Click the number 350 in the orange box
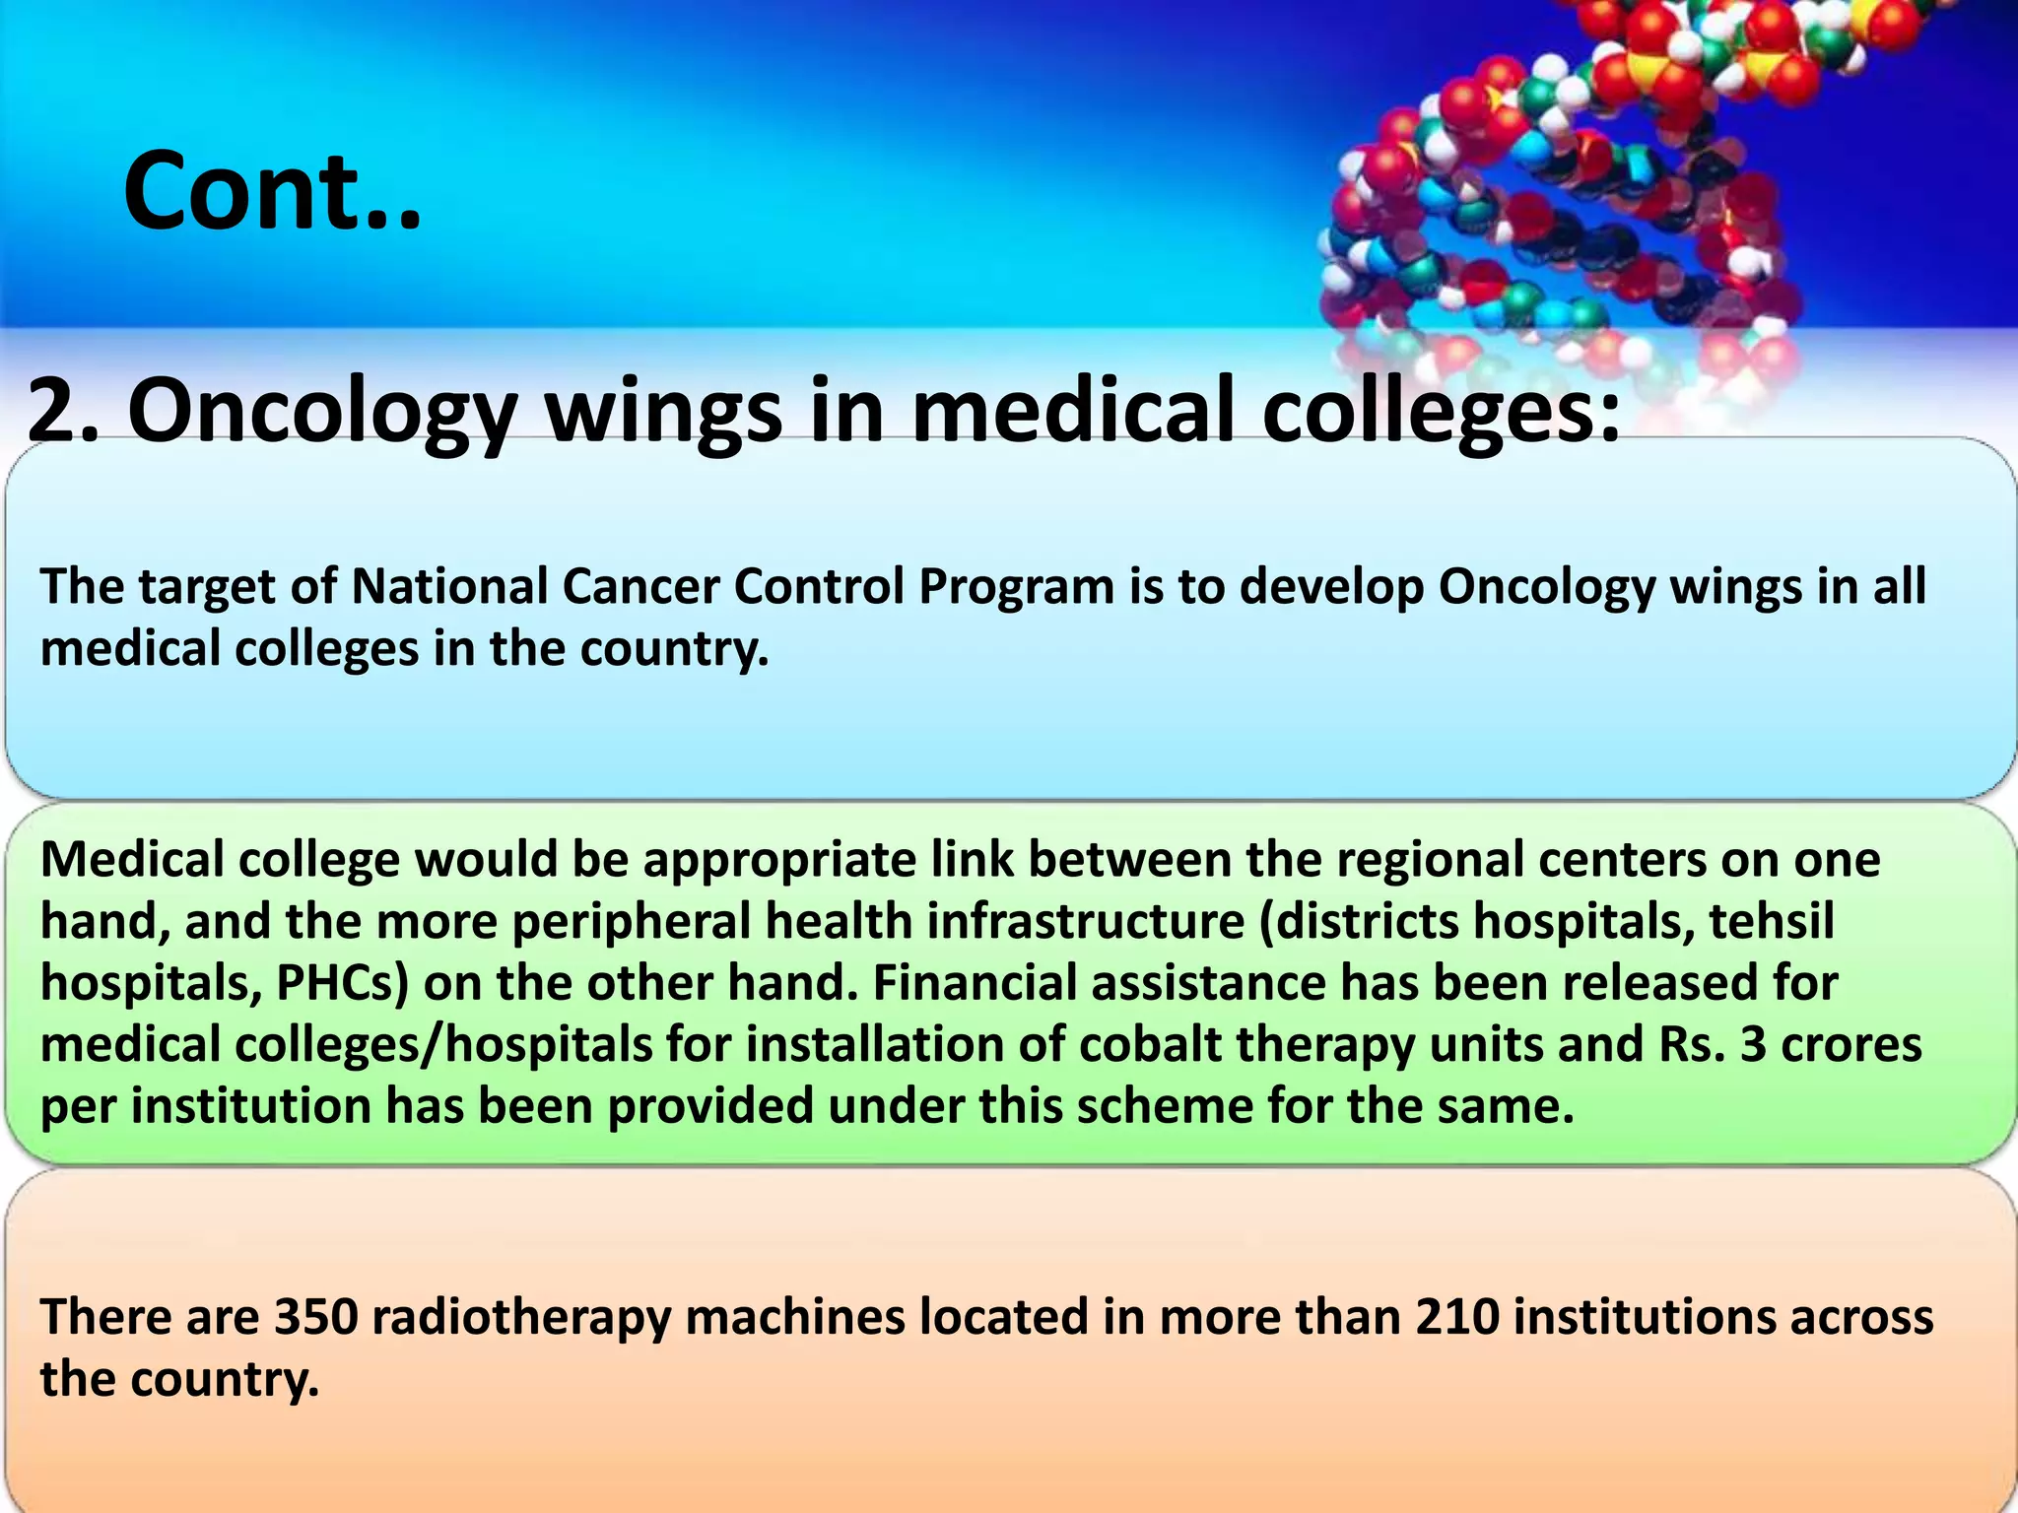coord(315,1318)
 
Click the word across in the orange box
coord(1861,1318)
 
